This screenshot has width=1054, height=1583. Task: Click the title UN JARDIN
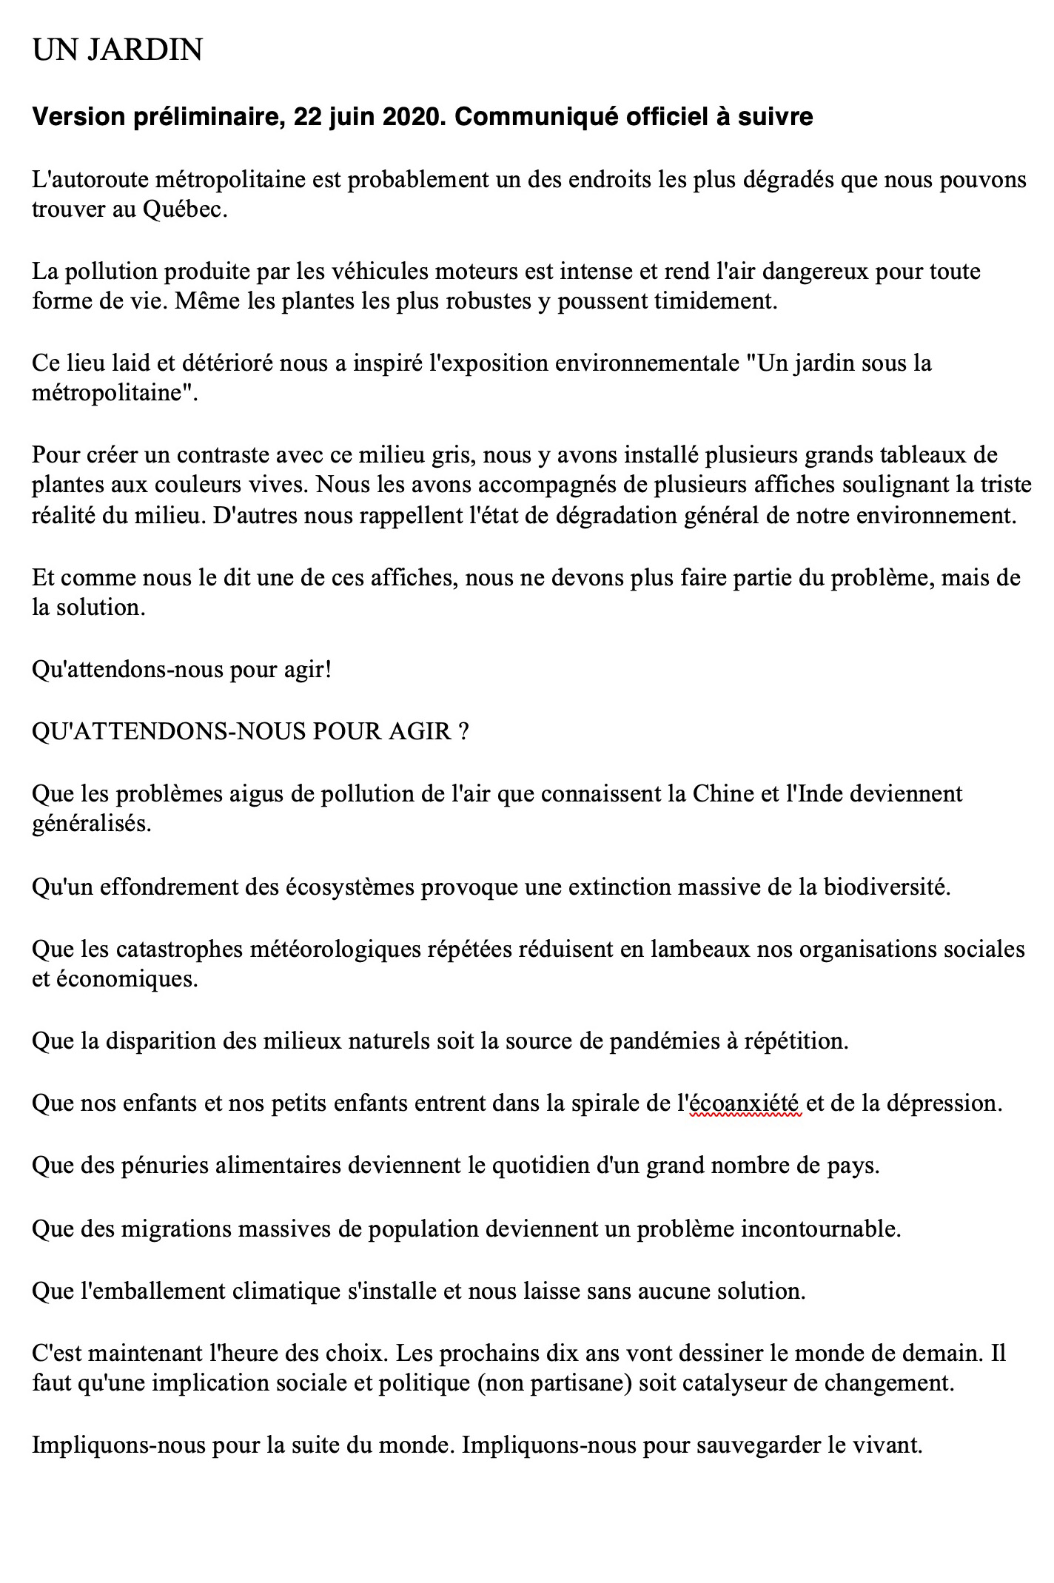(x=117, y=50)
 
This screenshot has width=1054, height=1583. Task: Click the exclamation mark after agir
(x=328, y=670)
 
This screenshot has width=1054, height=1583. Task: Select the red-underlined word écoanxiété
(x=745, y=1103)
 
